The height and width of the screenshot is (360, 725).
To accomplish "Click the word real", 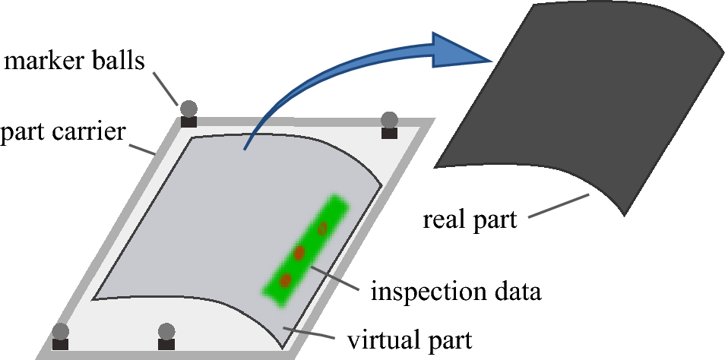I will pos(446,221).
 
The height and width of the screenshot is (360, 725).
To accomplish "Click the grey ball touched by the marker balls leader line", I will pos(188,109).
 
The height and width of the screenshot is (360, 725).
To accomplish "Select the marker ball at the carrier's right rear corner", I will pos(389,119).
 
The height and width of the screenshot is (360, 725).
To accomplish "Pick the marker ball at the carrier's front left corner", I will pos(60,332).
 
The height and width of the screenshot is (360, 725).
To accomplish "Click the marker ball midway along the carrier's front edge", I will pos(166,331).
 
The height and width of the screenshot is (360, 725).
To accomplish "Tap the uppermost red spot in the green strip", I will pos(322,228).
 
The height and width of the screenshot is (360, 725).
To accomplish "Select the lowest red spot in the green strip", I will pos(285,280).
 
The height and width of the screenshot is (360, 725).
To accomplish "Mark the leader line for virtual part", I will pos(312,332).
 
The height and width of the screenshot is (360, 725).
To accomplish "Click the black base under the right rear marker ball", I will pos(389,134).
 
